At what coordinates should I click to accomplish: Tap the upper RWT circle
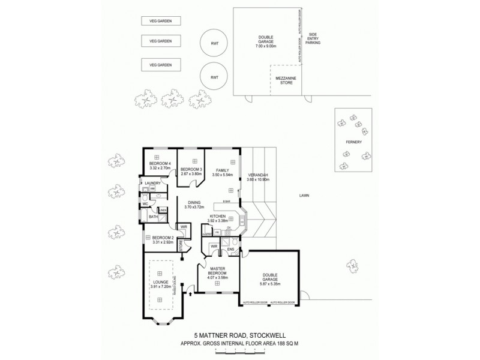(x=214, y=43)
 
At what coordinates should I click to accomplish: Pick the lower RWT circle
(x=214, y=77)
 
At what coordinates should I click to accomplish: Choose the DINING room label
(x=194, y=203)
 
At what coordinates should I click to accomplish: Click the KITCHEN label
(x=217, y=215)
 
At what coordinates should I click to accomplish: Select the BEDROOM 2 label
(x=163, y=238)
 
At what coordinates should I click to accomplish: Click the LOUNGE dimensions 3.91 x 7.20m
(x=160, y=286)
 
